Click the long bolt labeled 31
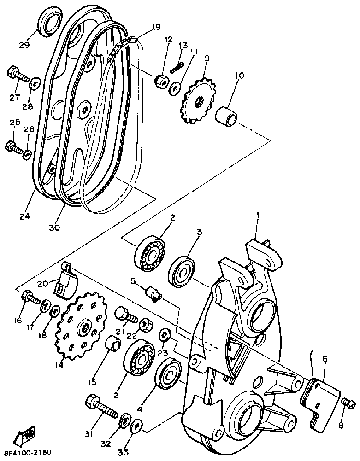(101, 406)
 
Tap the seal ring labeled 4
(169, 375)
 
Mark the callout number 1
(259, 215)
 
